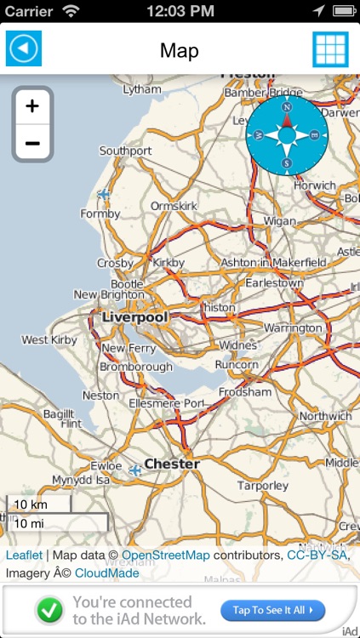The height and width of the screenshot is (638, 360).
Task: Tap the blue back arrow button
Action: [x=24, y=49]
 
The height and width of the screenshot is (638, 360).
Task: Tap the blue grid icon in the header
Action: [x=330, y=49]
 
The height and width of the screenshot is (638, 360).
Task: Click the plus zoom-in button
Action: [x=32, y=106]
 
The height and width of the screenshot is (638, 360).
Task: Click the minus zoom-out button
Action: [x=32, y=143]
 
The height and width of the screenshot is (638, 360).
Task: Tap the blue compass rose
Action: [x=287, y=135]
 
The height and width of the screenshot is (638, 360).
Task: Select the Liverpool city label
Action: [x=134, y=317]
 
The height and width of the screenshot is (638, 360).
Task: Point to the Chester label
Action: [x=172, y=464]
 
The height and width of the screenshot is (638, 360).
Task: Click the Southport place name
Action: [x=125, y=151]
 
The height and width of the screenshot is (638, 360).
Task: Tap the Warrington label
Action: [x=294, y=328]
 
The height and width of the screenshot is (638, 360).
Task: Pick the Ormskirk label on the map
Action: [x=174, y=207]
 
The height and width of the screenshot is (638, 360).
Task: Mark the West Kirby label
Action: [x=47, y=340]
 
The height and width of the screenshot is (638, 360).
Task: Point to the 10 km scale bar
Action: [x=39, y=504]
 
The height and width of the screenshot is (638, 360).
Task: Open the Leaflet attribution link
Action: [x=24, y=555]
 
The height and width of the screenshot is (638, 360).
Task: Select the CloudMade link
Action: [x=107, y=572]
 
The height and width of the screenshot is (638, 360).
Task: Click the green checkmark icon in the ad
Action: [x=50, y=610]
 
